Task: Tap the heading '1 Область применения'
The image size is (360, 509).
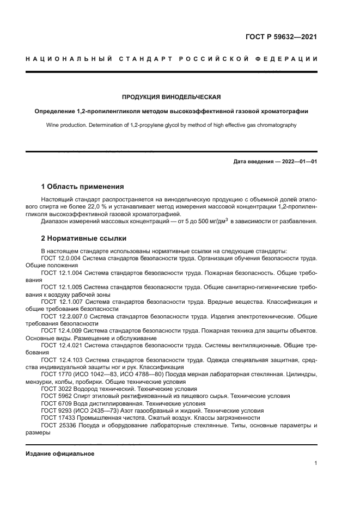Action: tap(83, 186)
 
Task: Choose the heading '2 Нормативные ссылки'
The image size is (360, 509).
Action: tap(84, 238)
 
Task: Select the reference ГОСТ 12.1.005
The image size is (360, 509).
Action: tap(61, 286)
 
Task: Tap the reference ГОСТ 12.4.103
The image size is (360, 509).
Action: tap(61, 360)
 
